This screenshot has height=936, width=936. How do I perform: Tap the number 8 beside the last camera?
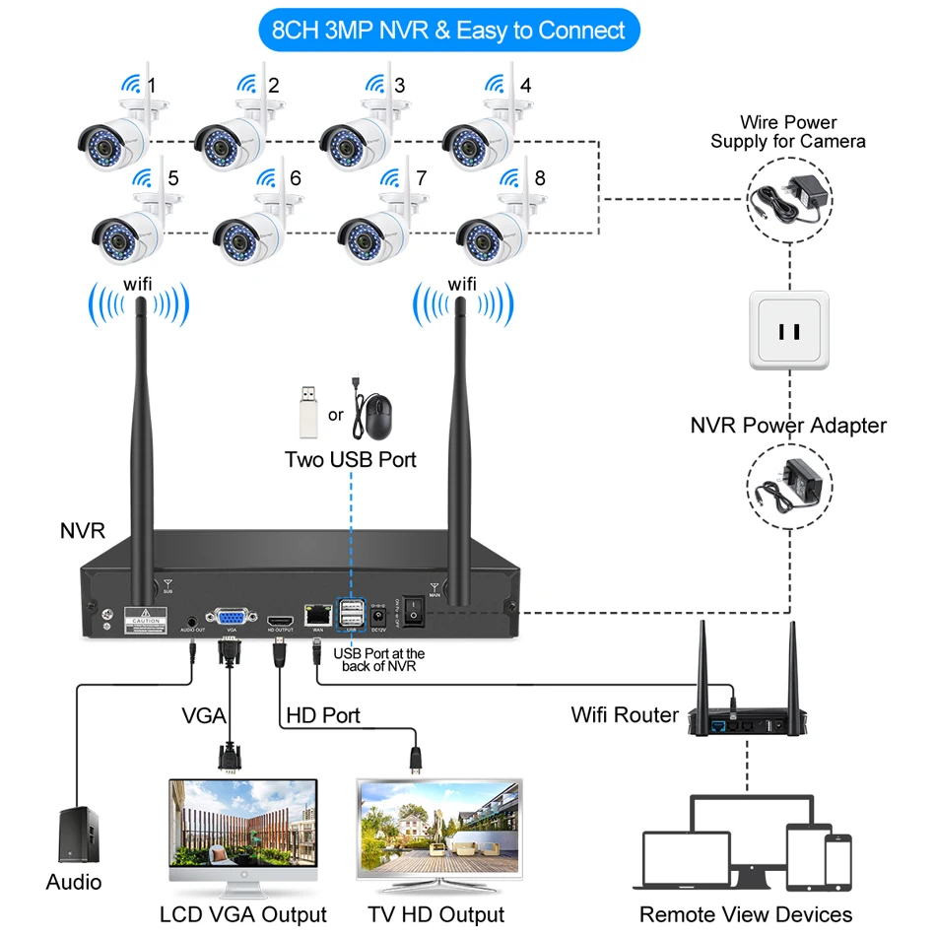539,179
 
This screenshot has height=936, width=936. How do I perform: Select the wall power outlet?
789,330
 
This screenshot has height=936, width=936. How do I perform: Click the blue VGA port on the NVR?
232,612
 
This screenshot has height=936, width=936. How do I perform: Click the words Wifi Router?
625,714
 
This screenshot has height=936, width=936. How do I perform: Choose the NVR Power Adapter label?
788,426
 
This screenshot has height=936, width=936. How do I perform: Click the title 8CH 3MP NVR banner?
448,31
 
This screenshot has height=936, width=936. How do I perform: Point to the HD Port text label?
323,715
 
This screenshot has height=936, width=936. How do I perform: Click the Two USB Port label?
351,460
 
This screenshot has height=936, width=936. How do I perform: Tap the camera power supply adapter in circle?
789,195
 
